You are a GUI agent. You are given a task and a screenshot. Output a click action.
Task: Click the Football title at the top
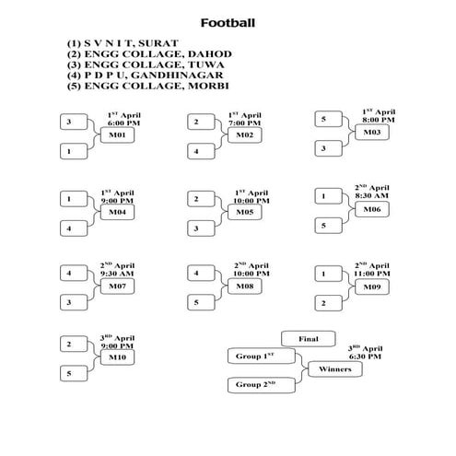coord(228,22)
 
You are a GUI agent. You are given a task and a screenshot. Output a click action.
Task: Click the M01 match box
coord(117,135)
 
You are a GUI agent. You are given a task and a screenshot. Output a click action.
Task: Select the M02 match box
coord(244,135)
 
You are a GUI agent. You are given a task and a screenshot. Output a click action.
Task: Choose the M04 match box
coord(117,212)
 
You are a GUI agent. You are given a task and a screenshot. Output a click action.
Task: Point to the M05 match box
coord(244,212)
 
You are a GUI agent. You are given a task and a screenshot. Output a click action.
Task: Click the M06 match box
coord(372,209)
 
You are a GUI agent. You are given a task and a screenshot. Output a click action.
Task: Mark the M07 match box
coord(117,286)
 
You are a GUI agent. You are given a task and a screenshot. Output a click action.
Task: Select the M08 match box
coord(244,286)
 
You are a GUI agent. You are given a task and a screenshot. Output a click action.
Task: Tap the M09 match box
coord(372,286)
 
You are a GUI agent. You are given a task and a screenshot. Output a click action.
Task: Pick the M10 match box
coord(117,357)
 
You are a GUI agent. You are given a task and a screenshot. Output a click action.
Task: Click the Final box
coord(308,339)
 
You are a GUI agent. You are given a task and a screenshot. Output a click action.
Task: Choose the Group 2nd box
coord(255,384)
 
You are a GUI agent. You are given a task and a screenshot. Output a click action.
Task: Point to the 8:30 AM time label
coord(373,196)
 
